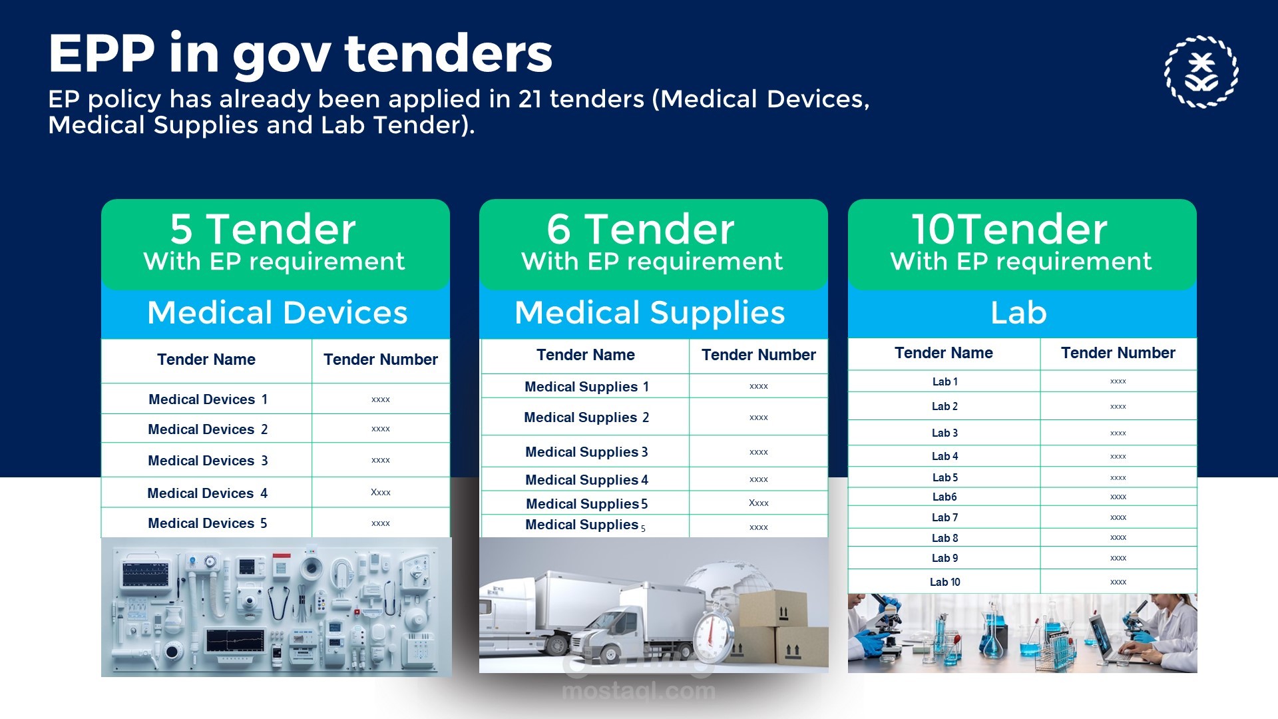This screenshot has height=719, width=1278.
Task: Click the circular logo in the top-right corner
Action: pyautogui.click(x=1201, y=71)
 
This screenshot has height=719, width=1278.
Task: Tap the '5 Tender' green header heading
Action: pyautogui.click(x=263, y=229)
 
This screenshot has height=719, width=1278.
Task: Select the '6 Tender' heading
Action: pyautogui.click(x=640, y=229)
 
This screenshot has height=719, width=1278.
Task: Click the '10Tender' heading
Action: pyautogui.click(x=1009, y=229)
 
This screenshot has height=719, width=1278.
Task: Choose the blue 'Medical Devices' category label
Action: pyautogui.click(x=277, y=312)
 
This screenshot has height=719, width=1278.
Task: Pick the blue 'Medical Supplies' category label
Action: pyautogui.click(x=650, y=312)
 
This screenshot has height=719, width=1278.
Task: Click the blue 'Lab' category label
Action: pyautogui.click(x=1018, y=312)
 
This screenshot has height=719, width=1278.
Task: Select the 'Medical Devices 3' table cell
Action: pyautogui.click(x=208, y=461)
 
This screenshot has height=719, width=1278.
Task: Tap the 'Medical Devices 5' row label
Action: pyautogui.click(x=208, y=523)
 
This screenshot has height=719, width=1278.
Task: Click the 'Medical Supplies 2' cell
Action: pyautogui.click(x=586, y=417)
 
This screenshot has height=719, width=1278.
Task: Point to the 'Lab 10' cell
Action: pyautogui.click(x=945, y=582)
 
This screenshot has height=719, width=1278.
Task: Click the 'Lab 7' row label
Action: pyautogui.click(x=945, y=517)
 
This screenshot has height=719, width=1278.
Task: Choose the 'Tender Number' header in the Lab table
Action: pyautogui.click(x=1118, y=353)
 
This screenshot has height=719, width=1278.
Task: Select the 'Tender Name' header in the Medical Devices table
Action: pyautogui.click(x=206, y=359)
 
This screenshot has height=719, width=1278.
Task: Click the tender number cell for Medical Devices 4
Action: pyautogui.click(x=381, y=493)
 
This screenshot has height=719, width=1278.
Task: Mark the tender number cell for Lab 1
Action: pyautogui.click(x=1118, y=381)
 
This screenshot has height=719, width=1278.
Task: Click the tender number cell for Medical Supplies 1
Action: pyautogui.click(x=759, y=386)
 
